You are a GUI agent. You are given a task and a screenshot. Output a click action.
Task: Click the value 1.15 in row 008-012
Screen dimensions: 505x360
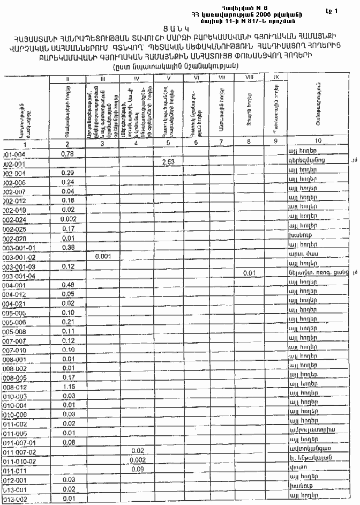coord(67,385)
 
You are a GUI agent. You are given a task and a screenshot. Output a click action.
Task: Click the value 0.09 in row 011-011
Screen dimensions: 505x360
coord(137,469)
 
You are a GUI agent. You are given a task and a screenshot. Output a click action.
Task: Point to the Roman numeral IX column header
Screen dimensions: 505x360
coord(276,78)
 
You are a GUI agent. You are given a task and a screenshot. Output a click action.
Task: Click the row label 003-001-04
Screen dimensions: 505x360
coord(20,275)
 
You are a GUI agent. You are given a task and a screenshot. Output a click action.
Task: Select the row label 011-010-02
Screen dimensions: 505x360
coord(20,460)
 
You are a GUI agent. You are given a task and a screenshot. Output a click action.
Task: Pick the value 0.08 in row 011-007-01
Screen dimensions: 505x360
coord(67,442)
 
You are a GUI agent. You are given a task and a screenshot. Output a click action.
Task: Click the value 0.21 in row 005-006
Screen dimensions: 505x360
coord(67,322)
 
